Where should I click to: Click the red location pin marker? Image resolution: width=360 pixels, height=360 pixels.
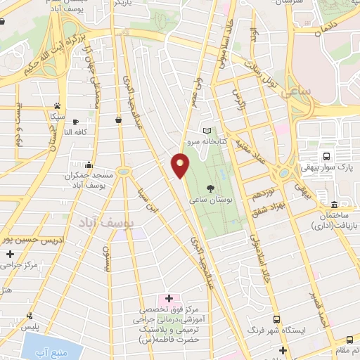tap(180, 165)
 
